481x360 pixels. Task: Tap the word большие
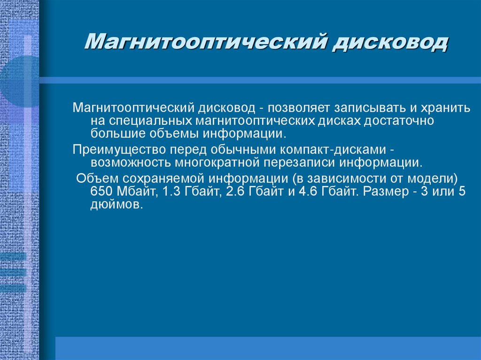coord(112,133)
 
